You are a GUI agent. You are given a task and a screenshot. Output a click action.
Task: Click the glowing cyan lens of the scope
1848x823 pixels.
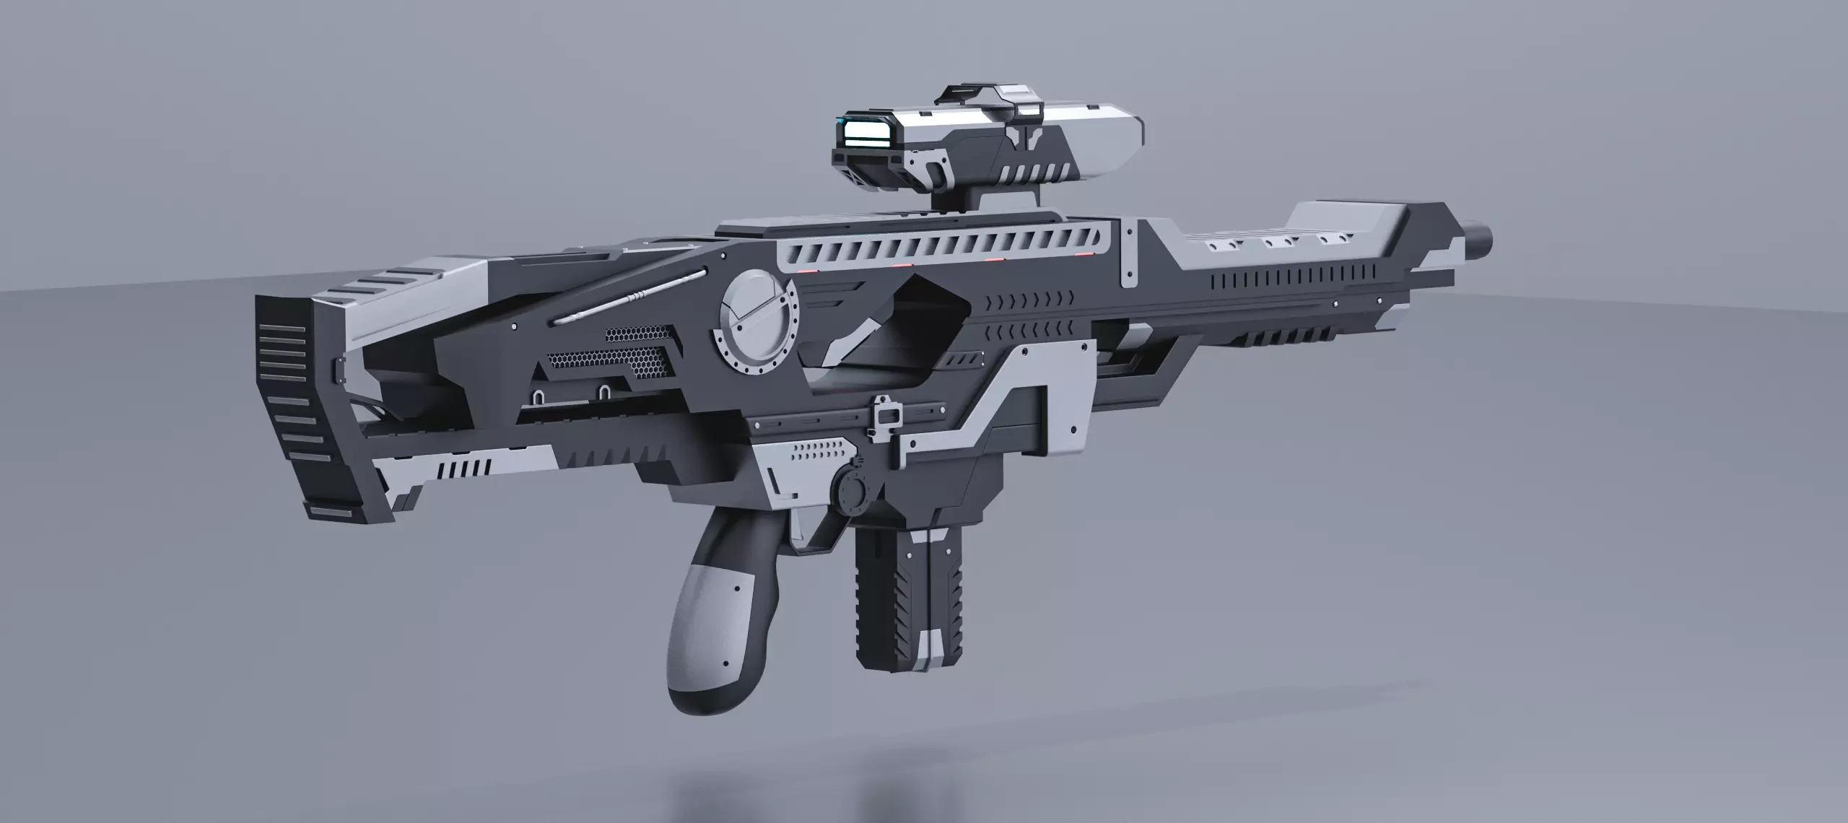[x=867, y=133]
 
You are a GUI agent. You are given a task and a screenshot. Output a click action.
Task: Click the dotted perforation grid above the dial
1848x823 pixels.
[x=819, y=453]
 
